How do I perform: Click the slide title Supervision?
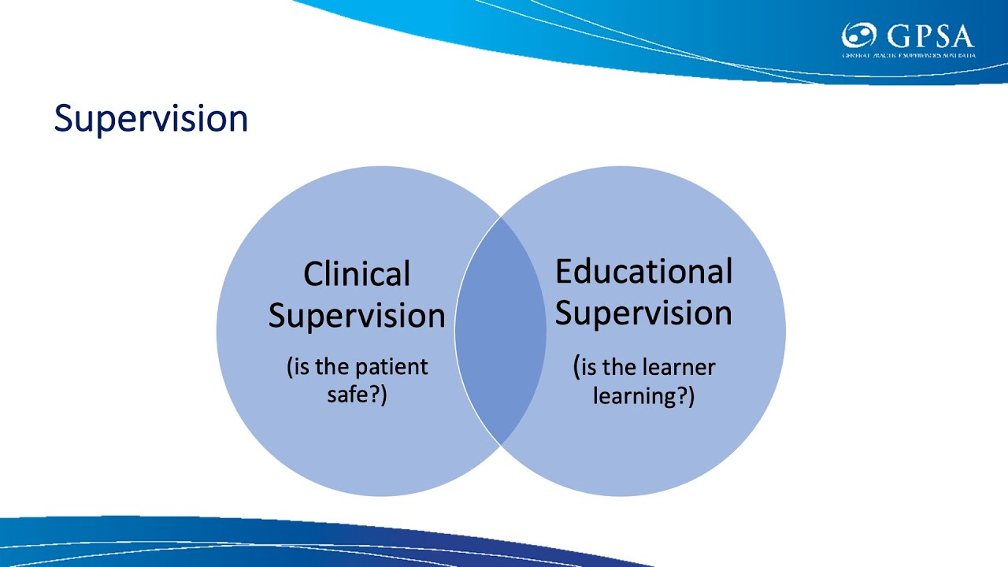click(x=150, y=119)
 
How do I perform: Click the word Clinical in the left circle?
click(x=357, y=274)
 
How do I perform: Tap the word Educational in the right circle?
click(x=643, y=271)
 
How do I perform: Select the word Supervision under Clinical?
click(x=357, y=316)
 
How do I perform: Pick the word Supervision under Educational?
click(x=643, y=313)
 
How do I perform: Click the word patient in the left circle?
click(x=391, y=368)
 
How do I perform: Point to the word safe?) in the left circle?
click(x=357, y=394)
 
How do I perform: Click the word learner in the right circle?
click(x=679, y=367)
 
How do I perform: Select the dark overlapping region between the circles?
click(x=500, y=331)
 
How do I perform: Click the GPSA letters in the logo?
click(x=929, y=36)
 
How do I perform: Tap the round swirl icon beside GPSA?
click(x=859, y=36)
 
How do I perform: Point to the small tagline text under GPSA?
click(x=907, y=56)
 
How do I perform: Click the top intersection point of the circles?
click(x=501, y=217)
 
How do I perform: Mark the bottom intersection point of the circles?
click(x=501, y=444)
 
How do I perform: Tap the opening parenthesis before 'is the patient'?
click(x=290, y=368)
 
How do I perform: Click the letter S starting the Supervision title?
click(x=63, y=119)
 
